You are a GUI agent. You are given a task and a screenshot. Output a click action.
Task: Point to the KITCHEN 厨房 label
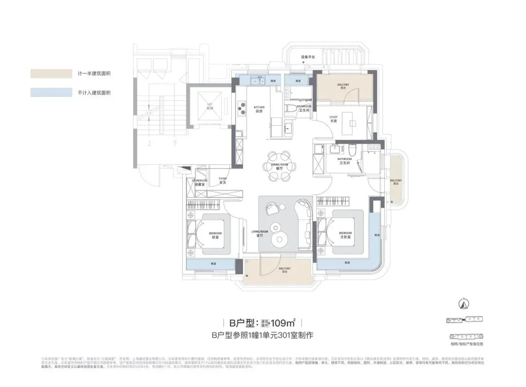[259, 109]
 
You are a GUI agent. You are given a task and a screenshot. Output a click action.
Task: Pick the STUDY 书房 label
[333, 118]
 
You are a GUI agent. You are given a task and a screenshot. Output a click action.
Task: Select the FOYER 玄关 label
[223, 180]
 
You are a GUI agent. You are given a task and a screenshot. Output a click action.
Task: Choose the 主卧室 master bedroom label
[345, 234]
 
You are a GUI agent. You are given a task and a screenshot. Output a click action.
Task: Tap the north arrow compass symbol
[464, 303]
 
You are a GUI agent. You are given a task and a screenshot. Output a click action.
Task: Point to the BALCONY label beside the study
[343, 86]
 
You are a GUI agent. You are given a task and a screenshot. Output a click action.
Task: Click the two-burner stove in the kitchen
[241, 109]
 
